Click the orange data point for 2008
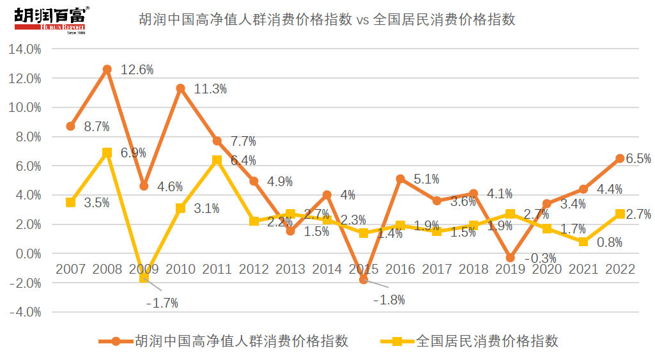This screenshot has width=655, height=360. point(107,69)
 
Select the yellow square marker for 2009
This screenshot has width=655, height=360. point(144,278)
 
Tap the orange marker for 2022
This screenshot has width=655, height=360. point(620,159)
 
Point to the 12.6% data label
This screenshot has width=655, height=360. point(137,70)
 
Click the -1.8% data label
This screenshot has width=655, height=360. point(389,300)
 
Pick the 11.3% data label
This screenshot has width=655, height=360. point(211,90)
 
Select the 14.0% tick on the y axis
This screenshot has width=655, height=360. point(24,49)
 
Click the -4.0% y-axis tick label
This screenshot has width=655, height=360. point(24,313)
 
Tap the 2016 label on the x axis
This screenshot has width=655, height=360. point(400,269)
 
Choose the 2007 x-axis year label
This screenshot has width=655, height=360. point(70,269)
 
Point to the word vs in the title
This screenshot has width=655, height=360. point(362,20)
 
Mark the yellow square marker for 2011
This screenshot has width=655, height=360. point(217,160)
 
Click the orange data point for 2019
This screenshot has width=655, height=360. point(510,258)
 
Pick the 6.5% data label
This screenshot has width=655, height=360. point(639,159)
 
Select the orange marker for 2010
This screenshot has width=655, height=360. point(181,88)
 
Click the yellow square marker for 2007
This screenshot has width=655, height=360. point(70,202)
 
